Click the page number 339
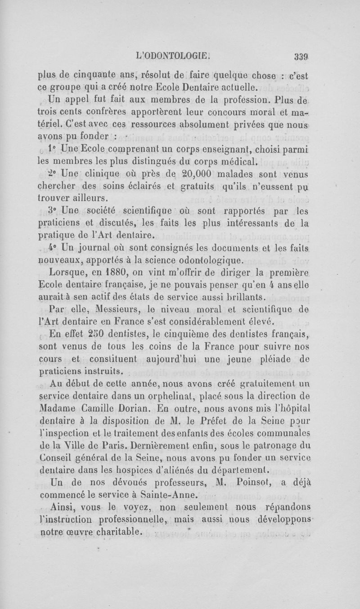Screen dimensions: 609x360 click(x=300, y=57)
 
